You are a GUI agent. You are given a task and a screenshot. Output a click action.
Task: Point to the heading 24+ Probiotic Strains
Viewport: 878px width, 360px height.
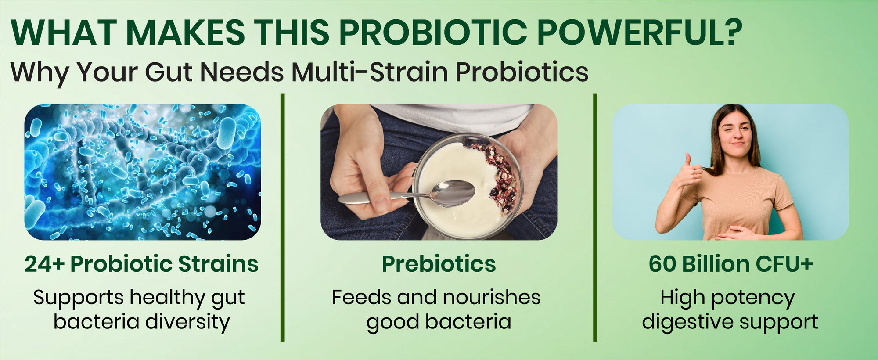coord(141,264)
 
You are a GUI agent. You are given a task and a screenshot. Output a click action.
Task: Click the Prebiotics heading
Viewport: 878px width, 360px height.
coord(439,264)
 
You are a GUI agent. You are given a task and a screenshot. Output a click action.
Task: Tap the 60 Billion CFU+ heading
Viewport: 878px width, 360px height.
coord(731,264)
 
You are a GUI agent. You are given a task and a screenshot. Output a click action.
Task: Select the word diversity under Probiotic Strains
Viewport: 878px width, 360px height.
coord(187,322)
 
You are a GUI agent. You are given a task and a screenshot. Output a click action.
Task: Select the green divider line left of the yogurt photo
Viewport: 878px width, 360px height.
coord(282,217)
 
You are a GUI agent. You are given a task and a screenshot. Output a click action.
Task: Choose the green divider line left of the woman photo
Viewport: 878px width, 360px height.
coord(595,217)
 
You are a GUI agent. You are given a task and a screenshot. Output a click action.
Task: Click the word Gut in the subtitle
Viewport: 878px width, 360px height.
coord(169,72)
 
